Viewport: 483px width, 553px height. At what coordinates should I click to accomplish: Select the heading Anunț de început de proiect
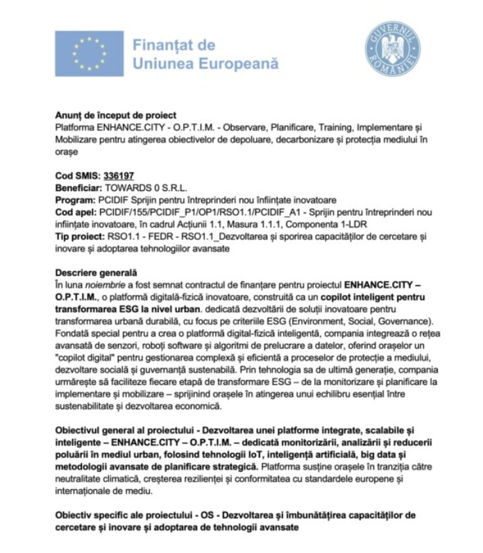(x=115, y=115)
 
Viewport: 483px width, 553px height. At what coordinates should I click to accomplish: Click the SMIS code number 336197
(x=119, y=176)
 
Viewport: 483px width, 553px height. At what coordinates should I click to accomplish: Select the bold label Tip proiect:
(x=80, y=236)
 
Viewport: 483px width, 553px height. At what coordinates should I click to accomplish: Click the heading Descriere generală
(x=96, y=272)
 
